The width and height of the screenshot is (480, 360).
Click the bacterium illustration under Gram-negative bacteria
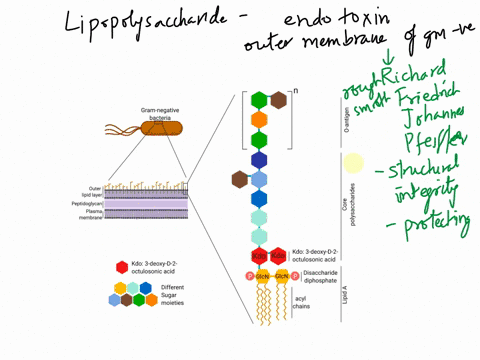(154, 128)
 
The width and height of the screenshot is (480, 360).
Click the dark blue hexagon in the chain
(259, 160)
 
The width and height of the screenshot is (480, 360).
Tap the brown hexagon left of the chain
(240, 179)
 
